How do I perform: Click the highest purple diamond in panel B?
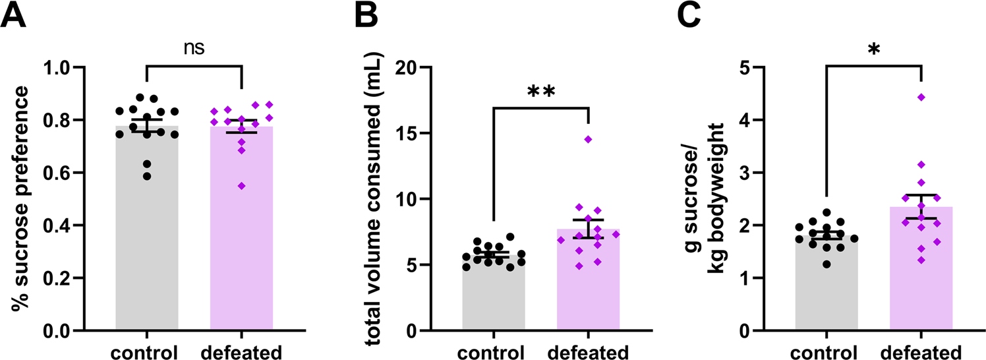click(x=588, y=139)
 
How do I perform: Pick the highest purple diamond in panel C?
click(x=921, y=98)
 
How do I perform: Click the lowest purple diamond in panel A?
click(x=241, y=186)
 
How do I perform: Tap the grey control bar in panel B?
click(x=493, y=297)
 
